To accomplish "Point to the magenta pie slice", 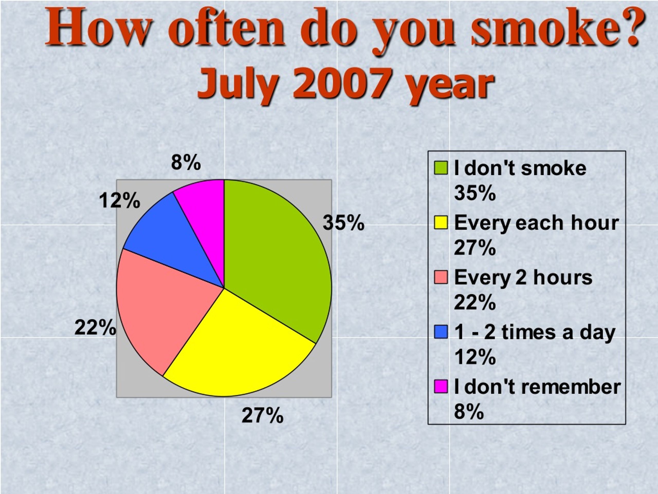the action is pyautogui.click(x=205, y=214).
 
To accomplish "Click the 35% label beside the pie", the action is pyautogui.click(x=344, y=223).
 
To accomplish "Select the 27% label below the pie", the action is pyautogui.click(x=263, y=415).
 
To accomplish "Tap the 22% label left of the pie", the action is pyautogui.click(x=95, y=328).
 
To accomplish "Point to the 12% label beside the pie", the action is pyautogui.click(x=120, y=200).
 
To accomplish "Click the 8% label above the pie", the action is pyautogui.click(x=186, y=163).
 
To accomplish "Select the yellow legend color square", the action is pyautogui.click(x=441, y=223).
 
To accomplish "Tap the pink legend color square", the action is pyautogui.click(x=441, y=277).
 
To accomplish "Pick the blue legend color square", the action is pyautogui.click(x=441, y=332).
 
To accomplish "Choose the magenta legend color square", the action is pyautogui.click(x=441, y=386).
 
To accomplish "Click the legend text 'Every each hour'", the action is pyautogui.click(x=537, y=223).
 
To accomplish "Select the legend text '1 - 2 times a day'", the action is pyautogui.click(x=535, y=333).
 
